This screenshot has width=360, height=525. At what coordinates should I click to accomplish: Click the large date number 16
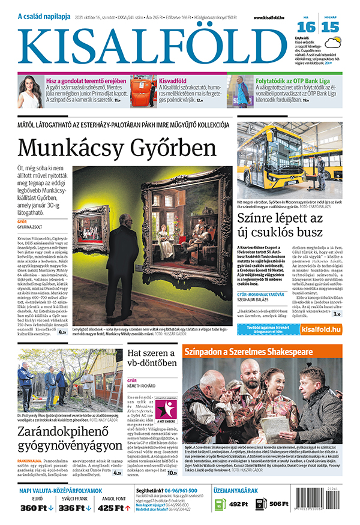pos(307,27)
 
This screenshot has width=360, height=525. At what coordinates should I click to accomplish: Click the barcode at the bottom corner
pos(334,508)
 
